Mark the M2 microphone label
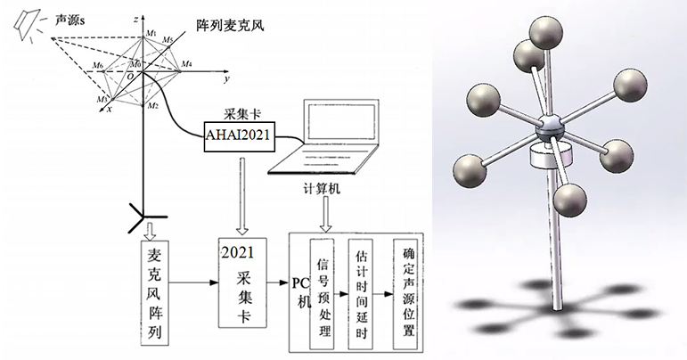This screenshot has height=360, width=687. click(153, 106)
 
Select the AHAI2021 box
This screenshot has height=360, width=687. click(239, 137)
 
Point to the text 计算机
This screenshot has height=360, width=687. click(327, 189)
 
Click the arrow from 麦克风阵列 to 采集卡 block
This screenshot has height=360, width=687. click(196, 282)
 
